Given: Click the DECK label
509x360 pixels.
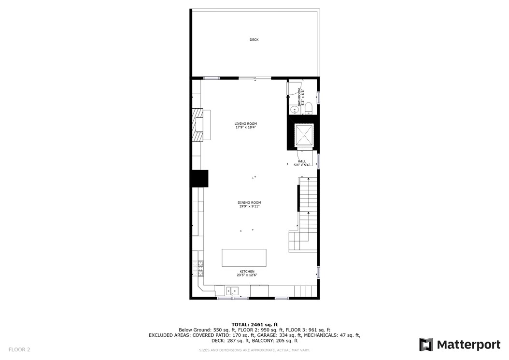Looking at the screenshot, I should pyautogui.click(x=254, y=40).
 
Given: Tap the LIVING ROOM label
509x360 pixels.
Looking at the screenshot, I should pyautogui.click(x=246, y=124).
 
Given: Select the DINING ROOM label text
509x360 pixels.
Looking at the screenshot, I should pyautogui.click(x=249, y=202).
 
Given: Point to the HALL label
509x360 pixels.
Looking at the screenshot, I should pyautogui.click(x=302, y=161).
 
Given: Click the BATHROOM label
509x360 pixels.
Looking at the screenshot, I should pyautogui.click(x=299, y=97).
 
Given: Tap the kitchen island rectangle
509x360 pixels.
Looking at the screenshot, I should pyautogui.click(x=244, y=258).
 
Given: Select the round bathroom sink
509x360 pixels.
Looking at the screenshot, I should pyautogui.click(x=294, y=110).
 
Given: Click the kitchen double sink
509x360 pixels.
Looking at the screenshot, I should pyautogui.click(x=233, y=291).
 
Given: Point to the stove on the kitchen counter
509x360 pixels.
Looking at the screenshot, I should pyautogui.click(x=200, y=265).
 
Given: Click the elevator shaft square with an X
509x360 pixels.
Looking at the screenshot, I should pyautogui.click(x=304, y=136).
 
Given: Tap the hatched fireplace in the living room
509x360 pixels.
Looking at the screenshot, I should pyautogui.click(x=198, y=125).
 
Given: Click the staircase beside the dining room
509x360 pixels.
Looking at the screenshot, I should pyautogui.click(x=308, y=203).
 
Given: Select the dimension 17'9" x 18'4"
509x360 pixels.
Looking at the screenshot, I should pyautogui.click(x=246, y=128).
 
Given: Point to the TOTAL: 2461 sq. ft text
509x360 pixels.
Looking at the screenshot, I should pyautogui.click(x=254, y=324).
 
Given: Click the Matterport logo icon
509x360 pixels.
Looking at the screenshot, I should pyautogui.click(x=426, y=345).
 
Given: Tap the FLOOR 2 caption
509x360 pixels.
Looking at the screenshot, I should pyautogui.click(x=19, y=349).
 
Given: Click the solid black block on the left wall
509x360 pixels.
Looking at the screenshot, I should pyautogui.click(x=199, y=178).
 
